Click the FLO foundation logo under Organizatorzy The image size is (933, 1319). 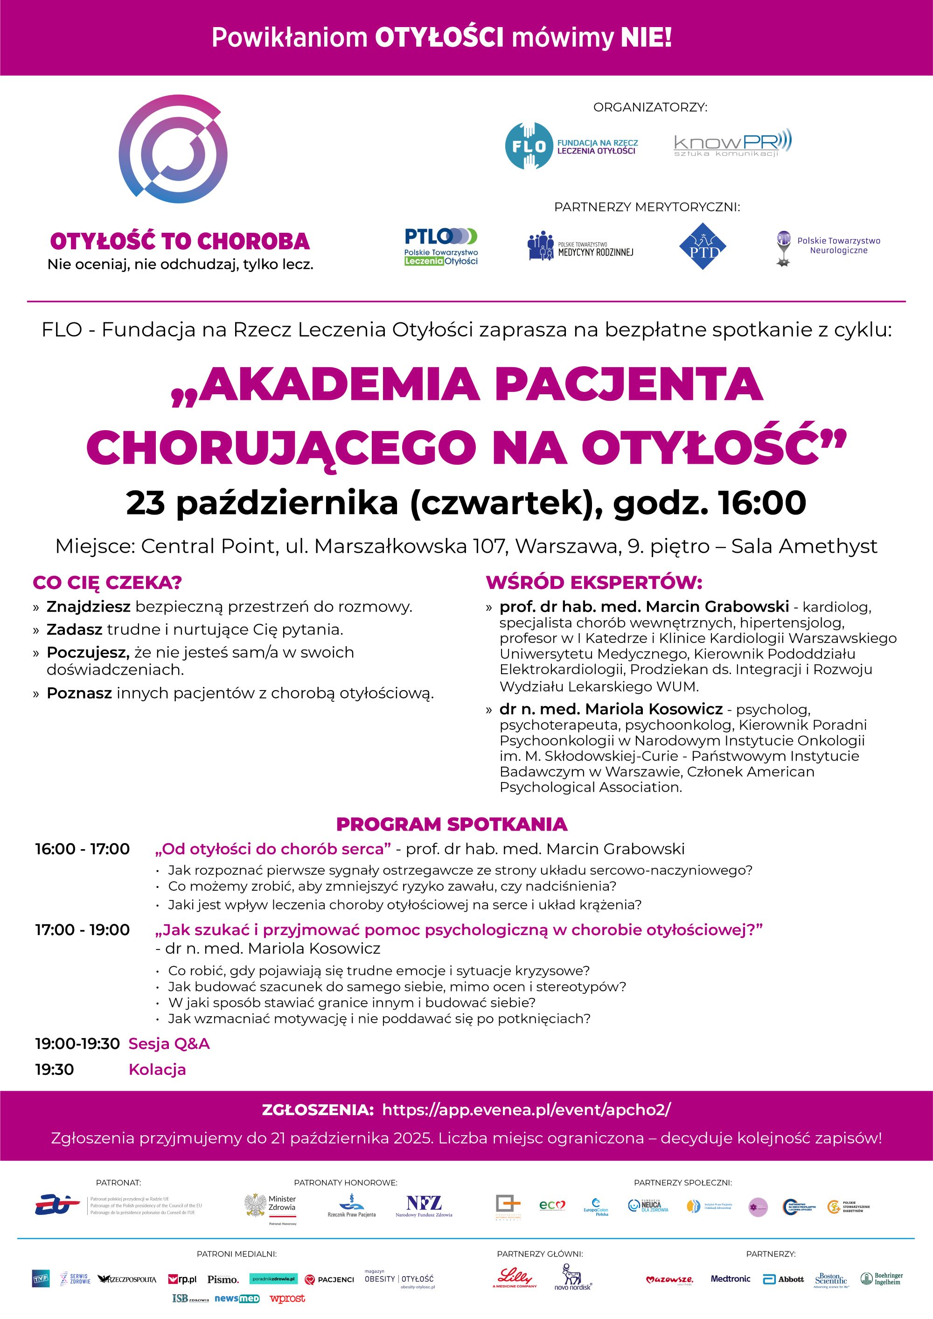[571, 146]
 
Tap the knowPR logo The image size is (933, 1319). [732, 145]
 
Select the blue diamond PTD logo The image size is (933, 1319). [703, 246]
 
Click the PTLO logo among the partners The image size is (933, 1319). [441, 246]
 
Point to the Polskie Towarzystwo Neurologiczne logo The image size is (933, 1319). [827, 247]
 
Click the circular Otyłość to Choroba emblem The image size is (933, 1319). [174, 149]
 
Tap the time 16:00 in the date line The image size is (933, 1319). [762, 502]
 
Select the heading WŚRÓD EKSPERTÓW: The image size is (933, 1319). [594, 583]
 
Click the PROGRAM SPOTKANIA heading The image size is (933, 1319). [452, 824]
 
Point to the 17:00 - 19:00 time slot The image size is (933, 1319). [82, 930]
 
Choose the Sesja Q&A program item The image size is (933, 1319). [169, 1044]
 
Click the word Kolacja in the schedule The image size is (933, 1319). [157, 1070]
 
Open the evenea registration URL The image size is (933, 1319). [526, 1110]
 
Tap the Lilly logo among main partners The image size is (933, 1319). [514, 1277]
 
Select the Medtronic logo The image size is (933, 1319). [730, 1279]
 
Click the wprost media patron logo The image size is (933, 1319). [287, 1298]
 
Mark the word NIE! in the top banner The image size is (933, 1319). [646, 38]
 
